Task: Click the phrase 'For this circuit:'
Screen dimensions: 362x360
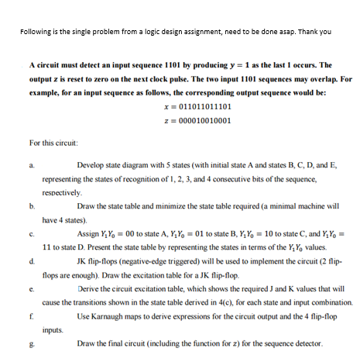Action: [x=53, y=143]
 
